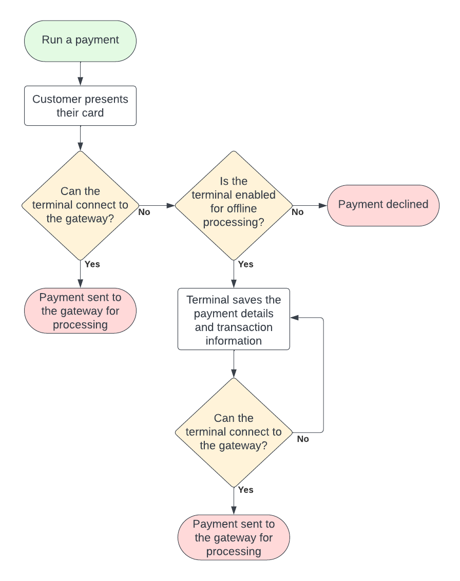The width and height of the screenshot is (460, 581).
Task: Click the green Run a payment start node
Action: pos(80,41)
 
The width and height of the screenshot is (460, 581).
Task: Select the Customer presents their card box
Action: pos(80,106)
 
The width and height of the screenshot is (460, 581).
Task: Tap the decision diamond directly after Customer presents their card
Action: pos(80,205)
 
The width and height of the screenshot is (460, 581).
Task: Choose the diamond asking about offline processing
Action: pos(234,205)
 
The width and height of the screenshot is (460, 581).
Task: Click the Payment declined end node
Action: pos(383,205)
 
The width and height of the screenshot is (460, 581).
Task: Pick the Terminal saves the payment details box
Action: pos(234,320)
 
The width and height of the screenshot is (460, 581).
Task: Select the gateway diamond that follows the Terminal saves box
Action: pos(234,432)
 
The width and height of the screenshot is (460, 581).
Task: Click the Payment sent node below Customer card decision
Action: pos(80,311)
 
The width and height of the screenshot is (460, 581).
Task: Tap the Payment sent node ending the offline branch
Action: pos(234,537)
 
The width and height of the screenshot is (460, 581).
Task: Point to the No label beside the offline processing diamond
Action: pos(298,212)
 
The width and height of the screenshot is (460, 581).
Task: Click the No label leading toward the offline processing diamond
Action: pos(144,212)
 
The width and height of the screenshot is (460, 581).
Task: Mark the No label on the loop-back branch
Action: pos(303,439)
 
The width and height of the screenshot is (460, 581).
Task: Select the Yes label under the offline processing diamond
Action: pos(246,264)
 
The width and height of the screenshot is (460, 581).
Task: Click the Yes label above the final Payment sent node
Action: pos(246,490)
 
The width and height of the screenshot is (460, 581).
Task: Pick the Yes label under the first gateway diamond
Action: pos(92,264)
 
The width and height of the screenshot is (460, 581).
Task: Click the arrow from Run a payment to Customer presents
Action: pos(80,74)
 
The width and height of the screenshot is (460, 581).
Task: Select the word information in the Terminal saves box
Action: pos(234,341)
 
